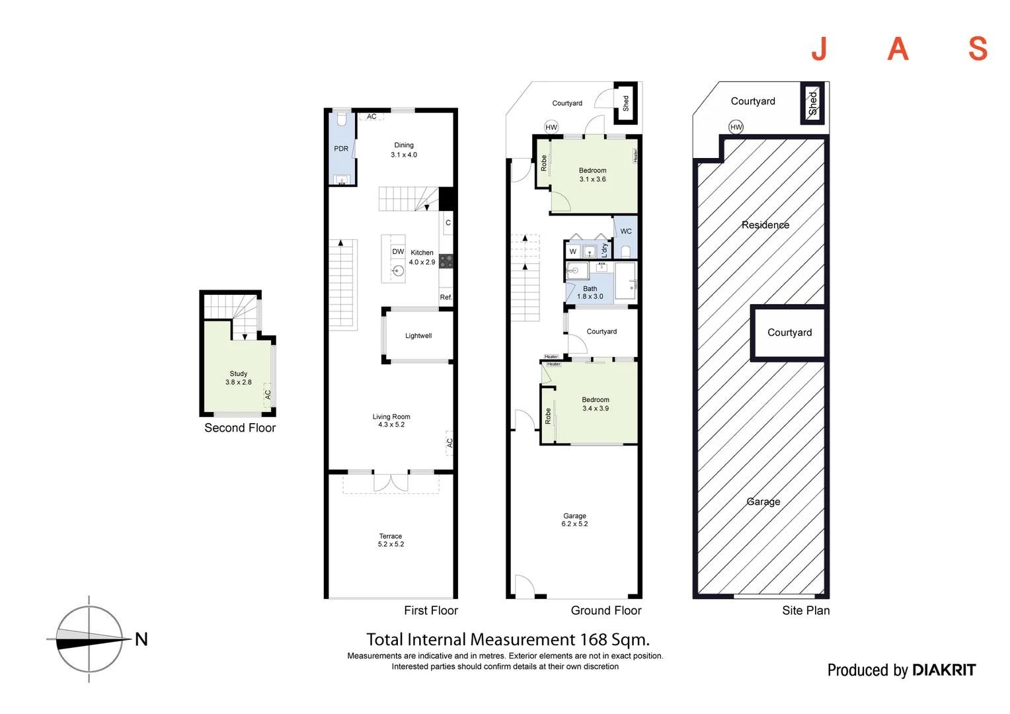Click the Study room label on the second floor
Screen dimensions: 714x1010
(x=239, y=377)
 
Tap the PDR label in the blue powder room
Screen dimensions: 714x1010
(x=341, y=149)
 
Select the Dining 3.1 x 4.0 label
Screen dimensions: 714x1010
(x=404, y=150)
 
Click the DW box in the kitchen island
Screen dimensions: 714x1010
(x=398, y=252)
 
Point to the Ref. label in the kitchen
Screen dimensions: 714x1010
(x=446, y=297)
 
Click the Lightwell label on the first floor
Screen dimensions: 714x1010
(x=418, y=336)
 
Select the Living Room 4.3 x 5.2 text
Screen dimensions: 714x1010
(x=391, y=420)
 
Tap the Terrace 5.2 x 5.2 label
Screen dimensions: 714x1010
(x=391, y=540)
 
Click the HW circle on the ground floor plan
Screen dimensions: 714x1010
(x=551, y=127)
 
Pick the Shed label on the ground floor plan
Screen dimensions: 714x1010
(x=626, y=103)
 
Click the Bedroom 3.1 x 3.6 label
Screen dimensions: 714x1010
(x=592, y=175)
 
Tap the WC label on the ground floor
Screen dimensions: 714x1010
(x=626, y=231)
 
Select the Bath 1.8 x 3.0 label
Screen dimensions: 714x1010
(x=590, y=293)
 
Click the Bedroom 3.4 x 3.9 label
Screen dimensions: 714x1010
(x=596, y=404)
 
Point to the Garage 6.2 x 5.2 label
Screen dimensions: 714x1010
(x=574, y=520)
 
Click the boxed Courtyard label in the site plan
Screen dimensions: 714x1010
(x=789, y=333)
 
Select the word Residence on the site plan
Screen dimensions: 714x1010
(x=765, y=225)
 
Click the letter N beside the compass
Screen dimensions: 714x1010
(x=141, y=639)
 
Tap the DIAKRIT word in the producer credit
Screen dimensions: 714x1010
(x=943, y=670)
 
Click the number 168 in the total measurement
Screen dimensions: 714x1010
(x=594, y=639)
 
